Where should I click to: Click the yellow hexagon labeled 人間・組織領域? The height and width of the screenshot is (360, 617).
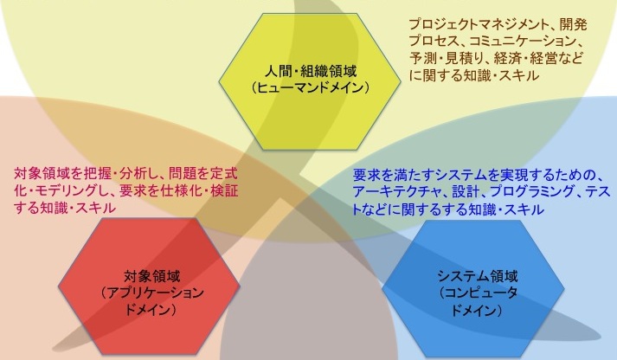pos(310,81)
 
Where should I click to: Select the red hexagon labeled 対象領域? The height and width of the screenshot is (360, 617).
pos(149,286)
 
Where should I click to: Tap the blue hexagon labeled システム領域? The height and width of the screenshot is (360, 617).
pos(473,288)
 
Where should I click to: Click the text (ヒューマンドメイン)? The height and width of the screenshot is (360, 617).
pos(310,87)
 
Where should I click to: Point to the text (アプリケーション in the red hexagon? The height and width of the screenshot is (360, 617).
pos(151,292)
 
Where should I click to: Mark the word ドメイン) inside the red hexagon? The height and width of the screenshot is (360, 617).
pos(150,309)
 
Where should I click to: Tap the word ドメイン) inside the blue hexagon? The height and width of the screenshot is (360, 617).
pos(477,310)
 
